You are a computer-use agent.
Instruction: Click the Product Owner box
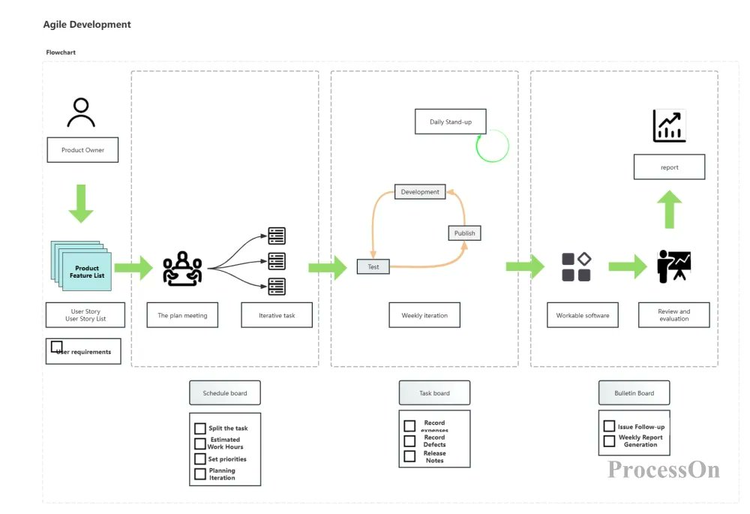point(82,150)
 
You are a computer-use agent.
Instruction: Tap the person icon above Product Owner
point(81,113)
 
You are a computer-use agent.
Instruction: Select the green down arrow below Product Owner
point(81,203)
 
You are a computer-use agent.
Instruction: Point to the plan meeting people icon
point(182,268)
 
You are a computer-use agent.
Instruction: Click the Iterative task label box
point(277,315)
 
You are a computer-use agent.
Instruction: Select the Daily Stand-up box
point(450,122)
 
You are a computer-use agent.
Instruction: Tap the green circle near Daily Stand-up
point(493,146)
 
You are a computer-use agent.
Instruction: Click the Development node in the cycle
point(420,191)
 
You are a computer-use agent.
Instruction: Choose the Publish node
point(464,233)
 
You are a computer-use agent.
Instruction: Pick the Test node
point(373,266)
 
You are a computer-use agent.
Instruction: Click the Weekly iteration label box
point(424,315)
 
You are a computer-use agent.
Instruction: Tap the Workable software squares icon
point(576,267)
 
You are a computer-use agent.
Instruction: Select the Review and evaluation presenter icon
point(673,266)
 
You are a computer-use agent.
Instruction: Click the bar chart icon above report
point(669,126)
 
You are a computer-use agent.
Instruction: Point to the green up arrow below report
point(670,209)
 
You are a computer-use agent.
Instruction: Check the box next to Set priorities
point(200,458)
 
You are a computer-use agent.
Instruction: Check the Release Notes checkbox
point(409,455)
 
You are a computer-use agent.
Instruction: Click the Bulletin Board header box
point(634,392)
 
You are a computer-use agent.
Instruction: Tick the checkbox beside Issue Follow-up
point(609,426)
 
